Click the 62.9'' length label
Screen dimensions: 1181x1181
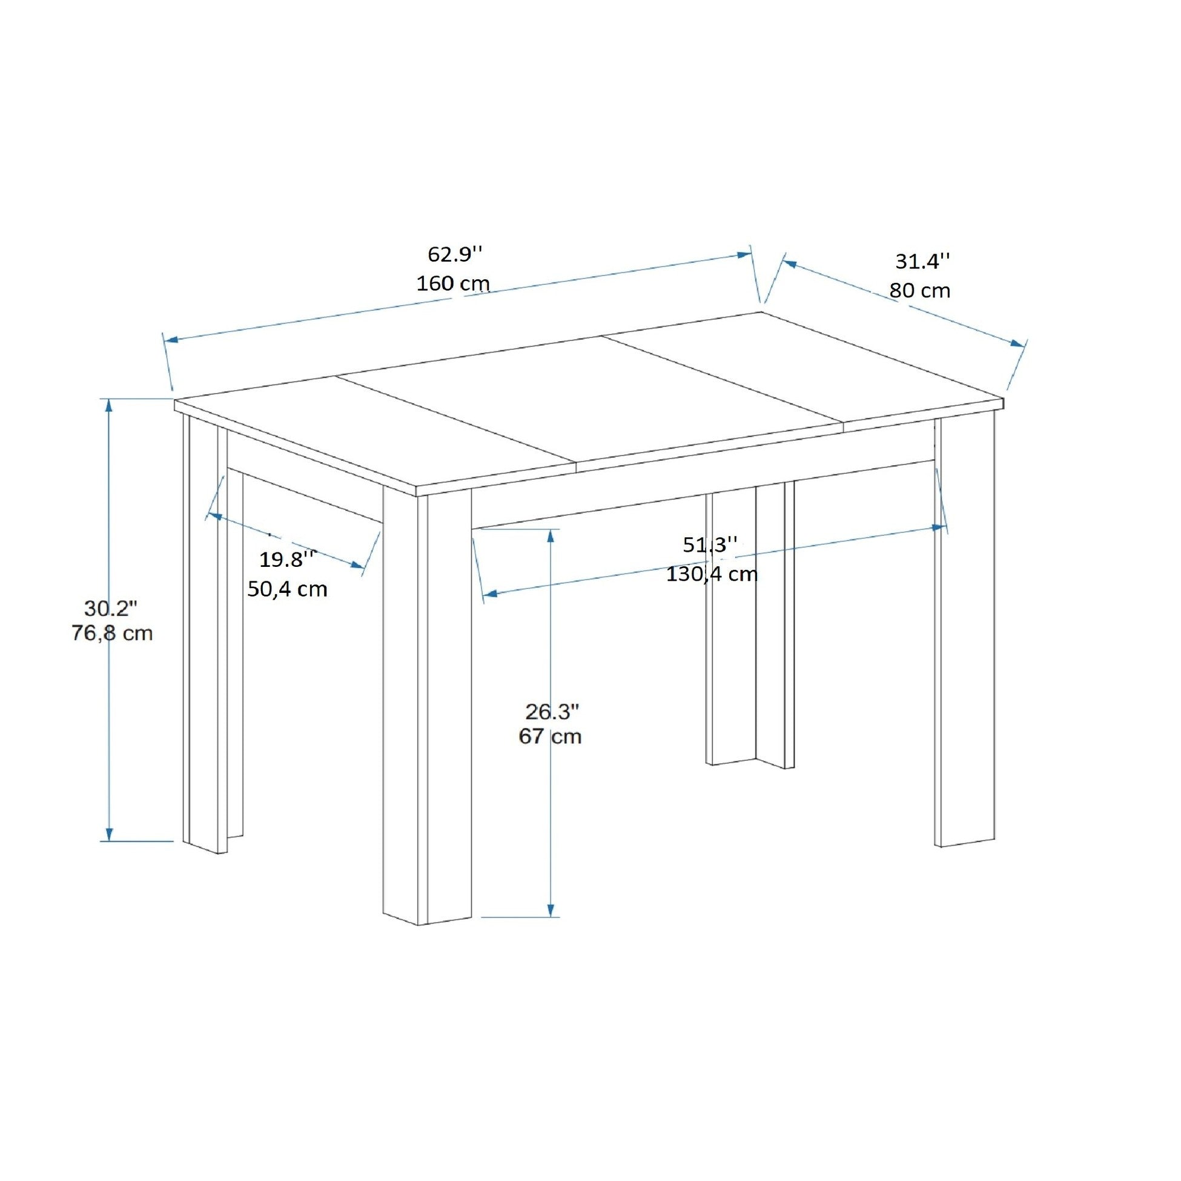point(455,254)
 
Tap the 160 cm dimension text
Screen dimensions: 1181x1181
point(453,283)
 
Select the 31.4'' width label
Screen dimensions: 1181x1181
point(922,262)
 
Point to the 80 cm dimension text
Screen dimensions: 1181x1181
point(919,290)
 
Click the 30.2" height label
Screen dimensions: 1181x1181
point(111,608)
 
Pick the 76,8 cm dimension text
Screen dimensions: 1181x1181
point(112,634)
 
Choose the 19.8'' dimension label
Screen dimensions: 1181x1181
point(287,559)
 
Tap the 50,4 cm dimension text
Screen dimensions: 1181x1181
point(287,589)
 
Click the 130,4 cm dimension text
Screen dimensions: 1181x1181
point(712,574)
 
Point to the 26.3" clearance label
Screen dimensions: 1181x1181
point(552,712)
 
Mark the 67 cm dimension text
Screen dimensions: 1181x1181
point(549,736)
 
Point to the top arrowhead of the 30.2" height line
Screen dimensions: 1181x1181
point(110,406)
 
